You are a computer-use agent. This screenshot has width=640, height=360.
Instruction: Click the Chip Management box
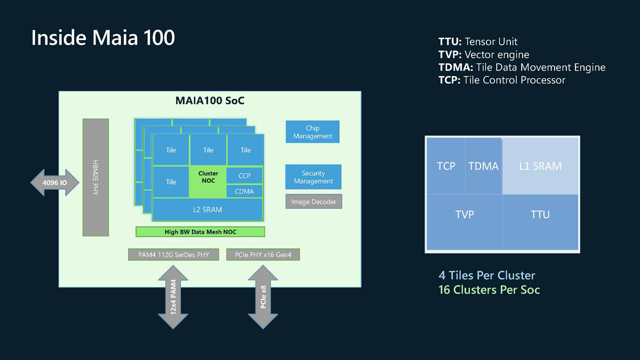click(313, 132)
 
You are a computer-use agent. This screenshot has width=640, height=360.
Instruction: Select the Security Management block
click(313, 177)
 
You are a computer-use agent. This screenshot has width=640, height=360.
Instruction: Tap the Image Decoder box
click(314, 202)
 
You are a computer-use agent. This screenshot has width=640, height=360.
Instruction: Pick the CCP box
click(244, 175)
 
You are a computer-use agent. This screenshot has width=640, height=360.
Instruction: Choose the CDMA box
click(244, 191)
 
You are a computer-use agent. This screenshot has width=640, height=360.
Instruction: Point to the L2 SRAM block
click(207, 210)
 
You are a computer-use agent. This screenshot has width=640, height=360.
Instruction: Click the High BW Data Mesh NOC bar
click(200, 231)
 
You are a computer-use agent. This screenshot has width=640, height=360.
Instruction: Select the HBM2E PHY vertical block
click(96, 177)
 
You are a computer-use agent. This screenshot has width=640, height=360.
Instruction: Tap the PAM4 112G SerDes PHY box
click(173, 254)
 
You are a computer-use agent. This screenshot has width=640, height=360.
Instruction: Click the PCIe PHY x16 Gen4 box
click(263, 254)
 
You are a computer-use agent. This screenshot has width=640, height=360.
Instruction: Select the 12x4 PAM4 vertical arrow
click(173, 299)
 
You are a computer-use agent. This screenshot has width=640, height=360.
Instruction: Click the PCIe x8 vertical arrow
click(263, 299)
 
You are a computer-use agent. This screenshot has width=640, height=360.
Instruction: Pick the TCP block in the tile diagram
click(446, 166)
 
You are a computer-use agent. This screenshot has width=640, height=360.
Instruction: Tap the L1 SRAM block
click(540, 166)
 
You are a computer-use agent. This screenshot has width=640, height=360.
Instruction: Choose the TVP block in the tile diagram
click(464, 214)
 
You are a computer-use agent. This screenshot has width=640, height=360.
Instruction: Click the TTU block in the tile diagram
click(540, 214)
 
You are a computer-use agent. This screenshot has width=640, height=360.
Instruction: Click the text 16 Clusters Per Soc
click(489, 290)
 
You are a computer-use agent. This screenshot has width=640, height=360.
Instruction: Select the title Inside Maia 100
click(103, 38)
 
